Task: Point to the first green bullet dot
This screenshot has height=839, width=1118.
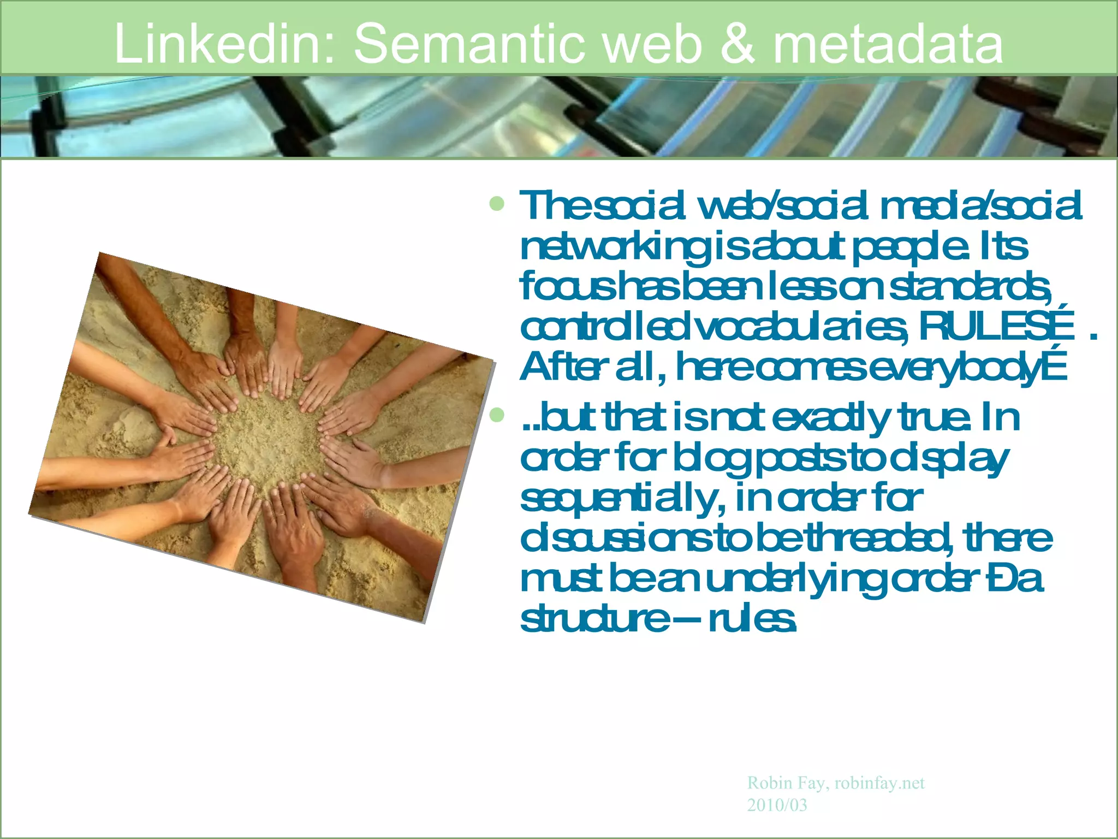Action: (x=497, y=204)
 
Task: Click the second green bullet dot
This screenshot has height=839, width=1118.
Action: (x=497, y=416)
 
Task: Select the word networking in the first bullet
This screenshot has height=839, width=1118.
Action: (x=611, y=247)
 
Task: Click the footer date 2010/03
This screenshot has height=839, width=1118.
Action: (x=777, y=805)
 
